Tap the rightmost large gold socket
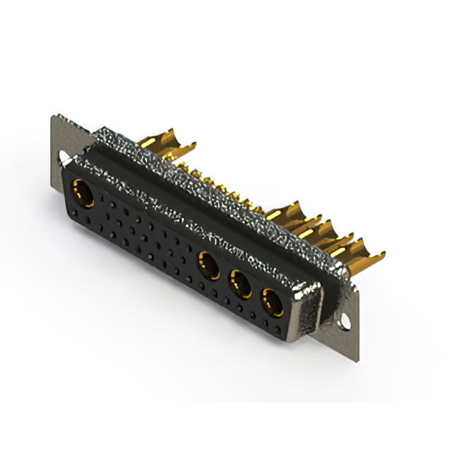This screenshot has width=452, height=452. [272, 302]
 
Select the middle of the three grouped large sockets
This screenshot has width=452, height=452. [241, 285]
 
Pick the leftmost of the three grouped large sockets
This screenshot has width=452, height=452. [209, 267]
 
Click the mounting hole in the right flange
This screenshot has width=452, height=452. [345, 321]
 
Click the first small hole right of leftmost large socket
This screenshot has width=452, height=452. [106, 205]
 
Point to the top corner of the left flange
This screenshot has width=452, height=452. [55, 117]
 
